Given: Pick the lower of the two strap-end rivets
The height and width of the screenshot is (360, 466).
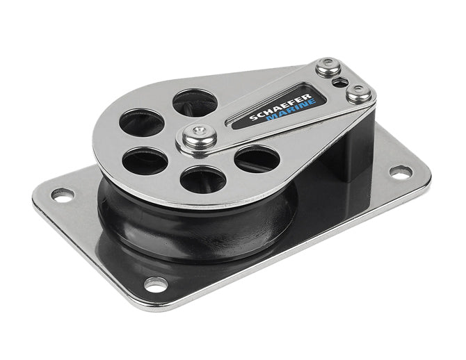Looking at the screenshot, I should point(359,92).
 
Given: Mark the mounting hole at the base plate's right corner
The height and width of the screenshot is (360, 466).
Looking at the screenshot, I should point(398,170).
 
